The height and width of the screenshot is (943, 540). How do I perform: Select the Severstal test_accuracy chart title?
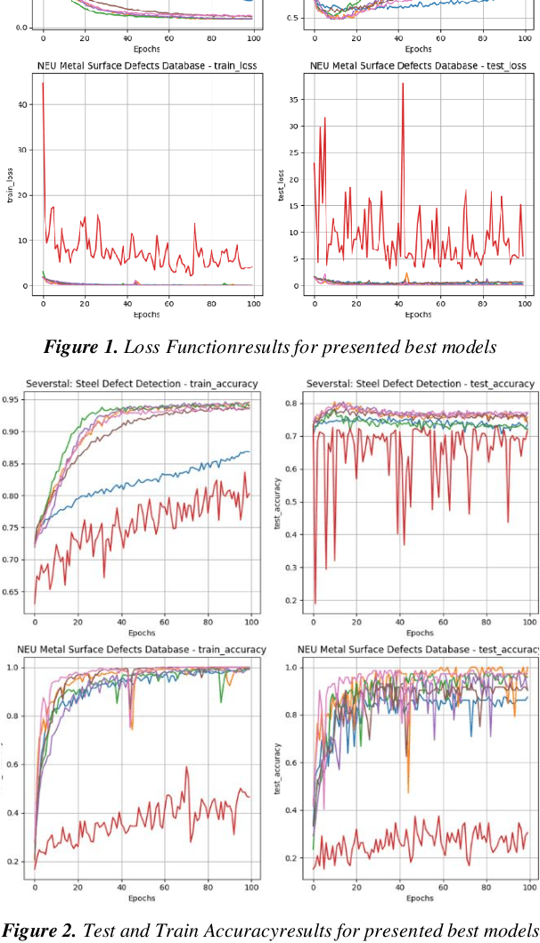click(x=421, y=383)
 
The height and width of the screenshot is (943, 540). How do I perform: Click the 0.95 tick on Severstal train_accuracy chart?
click(x=16, y=400)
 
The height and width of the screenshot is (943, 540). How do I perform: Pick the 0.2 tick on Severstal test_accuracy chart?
click(x=292, y=601)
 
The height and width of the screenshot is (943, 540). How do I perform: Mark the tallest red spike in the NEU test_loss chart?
click(x=403, y=84)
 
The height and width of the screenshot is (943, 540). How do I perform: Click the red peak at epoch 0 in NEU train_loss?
click(x=43, y=83)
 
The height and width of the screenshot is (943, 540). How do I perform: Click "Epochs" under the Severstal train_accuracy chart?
click(x=143, y=632)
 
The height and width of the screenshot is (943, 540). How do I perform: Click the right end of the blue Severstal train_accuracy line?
click(x=250, y=451)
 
